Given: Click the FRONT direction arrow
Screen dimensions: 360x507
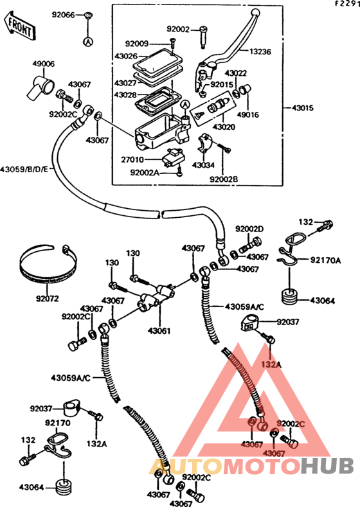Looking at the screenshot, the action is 20,26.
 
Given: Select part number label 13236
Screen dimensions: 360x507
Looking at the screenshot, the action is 260,52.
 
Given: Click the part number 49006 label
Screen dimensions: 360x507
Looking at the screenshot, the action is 43,64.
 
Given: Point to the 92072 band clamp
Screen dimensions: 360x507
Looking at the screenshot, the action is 48,264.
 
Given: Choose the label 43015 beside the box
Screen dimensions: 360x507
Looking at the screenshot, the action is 303,108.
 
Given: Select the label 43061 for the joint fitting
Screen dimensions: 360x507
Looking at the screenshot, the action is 159,331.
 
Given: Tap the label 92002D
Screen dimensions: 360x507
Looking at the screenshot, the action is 249,229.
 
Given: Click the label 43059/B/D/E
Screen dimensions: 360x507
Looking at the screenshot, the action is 24,169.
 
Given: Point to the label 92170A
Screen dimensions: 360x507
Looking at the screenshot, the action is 325,260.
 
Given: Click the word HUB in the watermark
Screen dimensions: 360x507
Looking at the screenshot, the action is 327,466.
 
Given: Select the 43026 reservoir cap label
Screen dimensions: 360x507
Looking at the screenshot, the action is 126,57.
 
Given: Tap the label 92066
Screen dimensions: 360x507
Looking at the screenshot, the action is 64,15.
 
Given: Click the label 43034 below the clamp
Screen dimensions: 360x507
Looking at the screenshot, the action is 203,165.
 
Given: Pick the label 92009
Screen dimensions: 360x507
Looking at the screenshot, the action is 137,44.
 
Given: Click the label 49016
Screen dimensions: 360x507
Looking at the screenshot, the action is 248,115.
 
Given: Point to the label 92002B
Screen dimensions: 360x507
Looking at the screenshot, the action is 224,179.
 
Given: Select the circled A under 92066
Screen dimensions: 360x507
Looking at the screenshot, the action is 88,41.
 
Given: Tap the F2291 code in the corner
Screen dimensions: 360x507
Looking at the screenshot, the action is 347,4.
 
